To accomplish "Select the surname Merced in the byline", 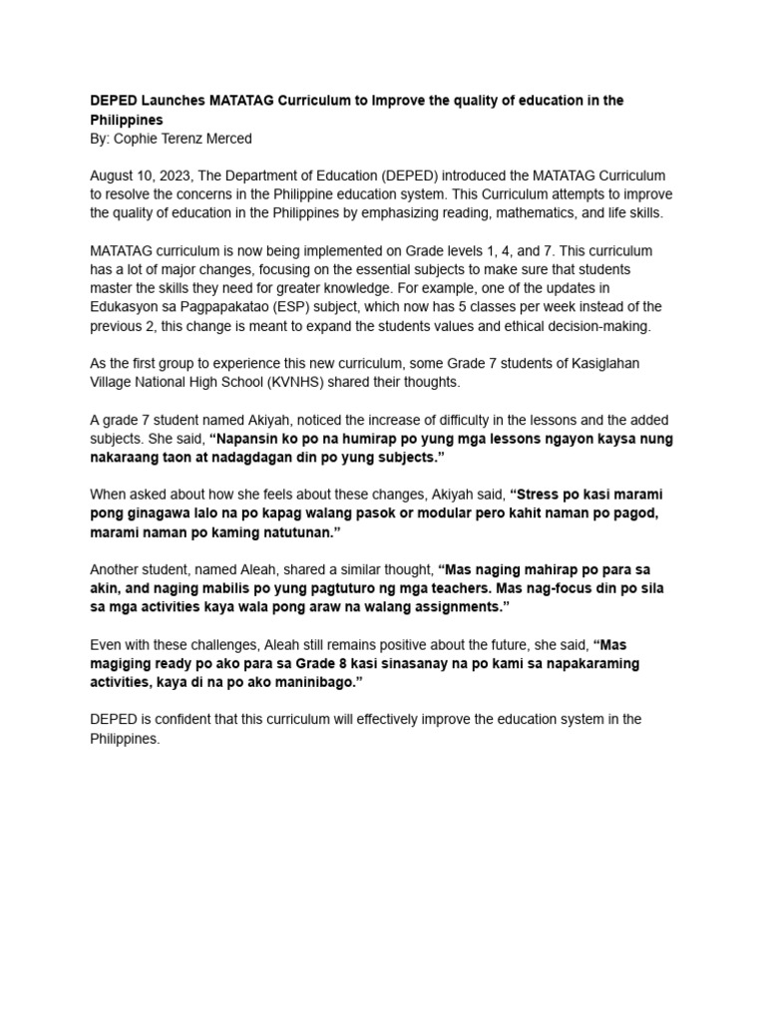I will pyautogui.click(x=225, y=139).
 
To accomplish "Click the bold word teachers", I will pyautogui.click(x=416, y=588).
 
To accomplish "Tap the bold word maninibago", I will pyautogui.click(x=311, y=682).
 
